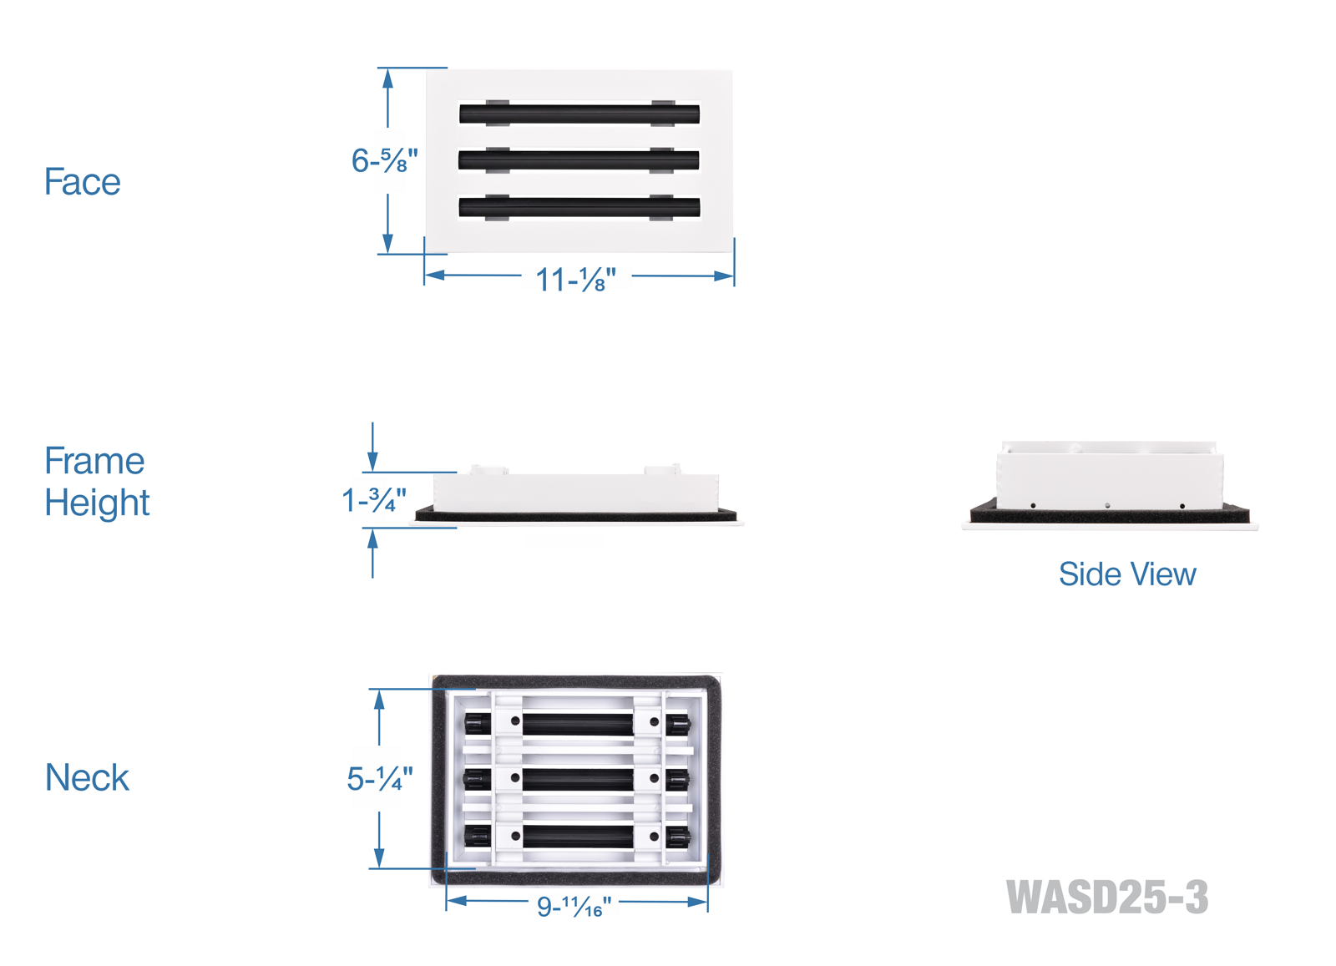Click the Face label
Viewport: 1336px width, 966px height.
(82, 182)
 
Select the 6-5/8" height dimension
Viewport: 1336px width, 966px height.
(384, 160)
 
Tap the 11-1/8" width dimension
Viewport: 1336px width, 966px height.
(575, 280)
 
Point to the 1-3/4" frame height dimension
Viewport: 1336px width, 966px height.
(374, 501)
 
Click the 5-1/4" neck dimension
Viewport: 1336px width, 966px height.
(380, 779)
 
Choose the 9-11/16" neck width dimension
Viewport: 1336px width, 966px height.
(574, 906)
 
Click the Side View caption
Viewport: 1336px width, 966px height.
(1126, 574)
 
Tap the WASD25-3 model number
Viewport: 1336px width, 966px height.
(1106, 898)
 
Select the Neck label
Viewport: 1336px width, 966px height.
(87, 778)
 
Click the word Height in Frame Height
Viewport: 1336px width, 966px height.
(97, 503)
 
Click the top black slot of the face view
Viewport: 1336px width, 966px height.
(579, 114)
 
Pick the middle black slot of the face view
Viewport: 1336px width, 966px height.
(579, 160)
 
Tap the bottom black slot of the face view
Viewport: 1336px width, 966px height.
(579, 207)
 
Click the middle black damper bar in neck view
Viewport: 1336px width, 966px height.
(578, 780)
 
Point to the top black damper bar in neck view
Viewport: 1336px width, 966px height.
(578, 723)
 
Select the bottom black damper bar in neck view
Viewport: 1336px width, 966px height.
(578, 836)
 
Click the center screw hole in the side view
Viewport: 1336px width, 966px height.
(1107, 506)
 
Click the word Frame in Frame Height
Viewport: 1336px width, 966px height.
(94, 461)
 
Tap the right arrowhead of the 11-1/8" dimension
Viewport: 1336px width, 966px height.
(725, 276)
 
